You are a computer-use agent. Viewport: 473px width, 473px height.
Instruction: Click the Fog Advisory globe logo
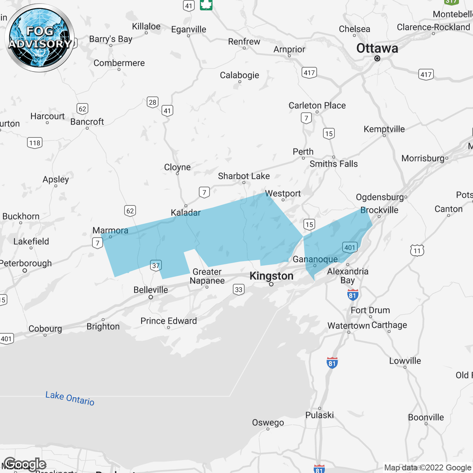(x=40, y=38)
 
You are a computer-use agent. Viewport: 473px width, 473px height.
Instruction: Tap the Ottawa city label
(x=377, y=48)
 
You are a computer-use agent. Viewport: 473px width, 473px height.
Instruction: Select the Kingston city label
(x=271, y=276)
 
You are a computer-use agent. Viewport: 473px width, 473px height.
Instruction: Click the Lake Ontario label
(x=70, y=398)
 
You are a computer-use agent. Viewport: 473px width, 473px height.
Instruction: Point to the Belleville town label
(x=150, y=290)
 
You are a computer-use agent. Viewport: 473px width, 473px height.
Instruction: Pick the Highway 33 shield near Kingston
(x=239, y=289)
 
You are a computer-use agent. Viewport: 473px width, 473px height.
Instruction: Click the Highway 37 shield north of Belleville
(x=156, y=265)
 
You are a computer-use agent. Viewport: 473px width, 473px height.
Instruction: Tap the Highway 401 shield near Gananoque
(x=350, y=247)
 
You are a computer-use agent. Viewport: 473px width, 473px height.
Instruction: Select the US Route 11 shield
(x=417, y=251)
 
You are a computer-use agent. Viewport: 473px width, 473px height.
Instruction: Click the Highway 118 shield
(x=35, y=143)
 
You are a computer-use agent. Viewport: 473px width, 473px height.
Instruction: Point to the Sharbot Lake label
(x=244, y=176)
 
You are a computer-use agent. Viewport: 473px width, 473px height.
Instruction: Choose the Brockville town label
(x=379, y=210)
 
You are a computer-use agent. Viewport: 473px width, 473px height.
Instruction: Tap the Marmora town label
(x=110, y=230)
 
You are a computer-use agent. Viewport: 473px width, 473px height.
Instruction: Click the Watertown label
(x=348, y=326)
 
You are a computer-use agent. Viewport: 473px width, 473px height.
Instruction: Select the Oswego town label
(x=268, y=422)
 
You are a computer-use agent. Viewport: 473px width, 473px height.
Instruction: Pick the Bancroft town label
(x=87, y=122)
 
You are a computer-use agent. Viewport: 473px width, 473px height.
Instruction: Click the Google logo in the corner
(x=25, y=464)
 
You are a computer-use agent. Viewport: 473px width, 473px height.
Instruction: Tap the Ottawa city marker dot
(x=377, y=58)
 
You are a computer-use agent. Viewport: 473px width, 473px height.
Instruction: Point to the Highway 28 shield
(x=152, y=102)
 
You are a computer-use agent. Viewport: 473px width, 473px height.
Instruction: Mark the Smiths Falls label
(x=334, y=164)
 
